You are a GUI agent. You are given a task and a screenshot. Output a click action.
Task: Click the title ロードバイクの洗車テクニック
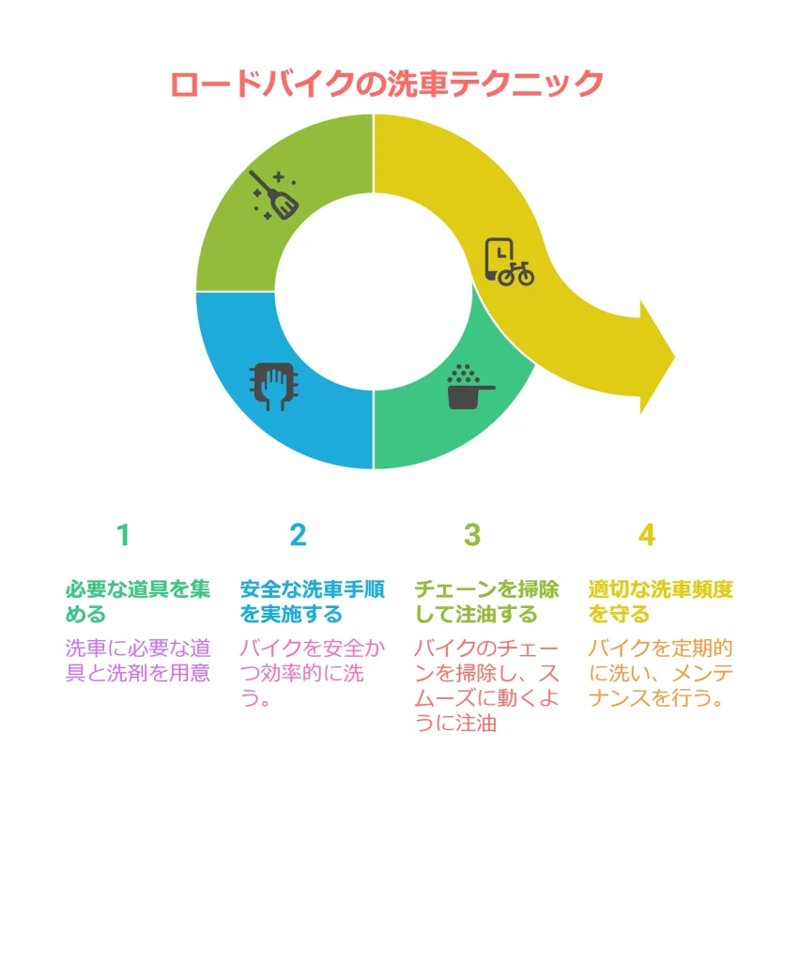[x=387, y=84]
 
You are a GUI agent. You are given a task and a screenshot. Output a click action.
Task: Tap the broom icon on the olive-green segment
[x=273, y=195]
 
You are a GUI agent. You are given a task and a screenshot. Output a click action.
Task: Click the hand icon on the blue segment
[x=274, y=386]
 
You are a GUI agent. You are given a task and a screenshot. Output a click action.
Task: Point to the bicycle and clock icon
[x=509, y=263]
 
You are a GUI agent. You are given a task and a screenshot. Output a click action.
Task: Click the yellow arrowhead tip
[x=674, y=357]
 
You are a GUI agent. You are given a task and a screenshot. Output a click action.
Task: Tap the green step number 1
[x=123, y=535]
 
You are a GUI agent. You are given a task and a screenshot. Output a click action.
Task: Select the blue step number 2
[x=298, y=535]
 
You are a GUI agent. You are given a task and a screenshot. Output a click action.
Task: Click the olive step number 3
[x=472, y=535]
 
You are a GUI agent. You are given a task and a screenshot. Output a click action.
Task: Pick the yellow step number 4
[x=646, y=535]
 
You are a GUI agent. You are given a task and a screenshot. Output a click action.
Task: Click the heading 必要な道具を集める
[x=138, y=602]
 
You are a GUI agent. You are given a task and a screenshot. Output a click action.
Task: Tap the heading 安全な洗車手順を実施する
[x=312, y=602]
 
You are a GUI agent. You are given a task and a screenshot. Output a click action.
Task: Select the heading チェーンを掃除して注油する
[x=486, y=602]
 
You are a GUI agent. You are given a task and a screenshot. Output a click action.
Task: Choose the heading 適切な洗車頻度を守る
[x=660, y=602]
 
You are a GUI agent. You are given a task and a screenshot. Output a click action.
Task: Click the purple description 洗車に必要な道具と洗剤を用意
[x=138, y=661]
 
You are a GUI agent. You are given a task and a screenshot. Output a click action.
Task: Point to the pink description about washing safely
[x=312, y=673]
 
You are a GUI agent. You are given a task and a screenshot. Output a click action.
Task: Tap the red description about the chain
[x=486, y=686]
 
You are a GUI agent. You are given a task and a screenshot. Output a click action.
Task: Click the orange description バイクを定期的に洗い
[x=660, y=673]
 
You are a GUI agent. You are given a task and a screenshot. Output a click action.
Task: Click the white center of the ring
[x=374, y=292]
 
